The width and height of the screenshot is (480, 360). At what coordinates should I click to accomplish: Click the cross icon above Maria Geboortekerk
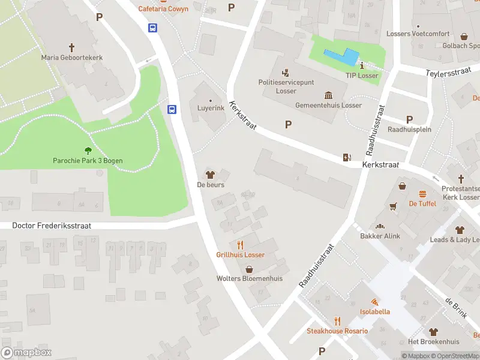click(x=71, y=47)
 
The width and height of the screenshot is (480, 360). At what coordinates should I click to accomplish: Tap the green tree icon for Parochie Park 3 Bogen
click(x=88, y=151)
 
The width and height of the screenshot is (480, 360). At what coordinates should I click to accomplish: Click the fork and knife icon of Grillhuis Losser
click(x=241, y=245)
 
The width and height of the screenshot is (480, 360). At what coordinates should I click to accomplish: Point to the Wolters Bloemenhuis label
click(x=249, y=278)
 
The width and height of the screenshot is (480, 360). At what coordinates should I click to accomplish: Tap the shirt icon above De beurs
click(x=210, y=175)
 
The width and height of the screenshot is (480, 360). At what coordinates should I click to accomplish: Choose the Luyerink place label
click(x=211, y=108)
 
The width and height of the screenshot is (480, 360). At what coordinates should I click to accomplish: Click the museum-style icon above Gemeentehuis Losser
click(x=328, y=95)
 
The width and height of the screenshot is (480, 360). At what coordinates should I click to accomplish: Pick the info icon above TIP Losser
click(x=362, y=65)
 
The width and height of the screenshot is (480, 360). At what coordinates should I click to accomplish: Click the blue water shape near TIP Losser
click(x=340, y=58)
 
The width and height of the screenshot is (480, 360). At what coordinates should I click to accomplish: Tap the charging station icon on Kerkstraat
click(x=346, y=157)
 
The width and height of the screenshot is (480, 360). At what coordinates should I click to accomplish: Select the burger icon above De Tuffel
click(x=422, y=194)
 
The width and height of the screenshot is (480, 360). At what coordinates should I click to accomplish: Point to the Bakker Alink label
click(x=379, y=236)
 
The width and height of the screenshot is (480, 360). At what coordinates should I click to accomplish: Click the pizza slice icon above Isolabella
click(x=374, y=302)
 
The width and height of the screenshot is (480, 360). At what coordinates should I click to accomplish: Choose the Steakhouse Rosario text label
click(x=337, y=331)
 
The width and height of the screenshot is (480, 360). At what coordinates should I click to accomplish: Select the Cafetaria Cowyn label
click(x=163, y=9)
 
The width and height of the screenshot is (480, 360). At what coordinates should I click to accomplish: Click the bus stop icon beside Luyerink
click(x=172, y=109)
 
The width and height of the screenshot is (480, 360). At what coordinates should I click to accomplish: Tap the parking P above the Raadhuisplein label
click(x=410, y=119)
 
